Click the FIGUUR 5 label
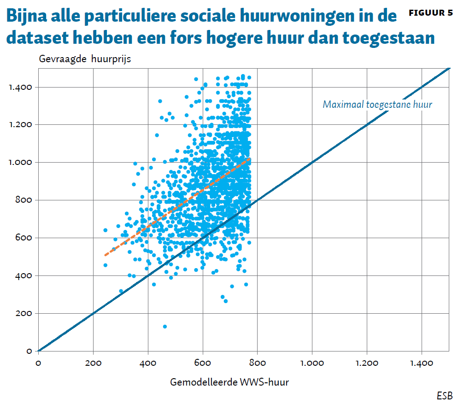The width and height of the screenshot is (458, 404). pyautogui.click(x=431, y=13)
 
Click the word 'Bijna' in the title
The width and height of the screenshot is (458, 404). pyautogui.click(x=29, y=17)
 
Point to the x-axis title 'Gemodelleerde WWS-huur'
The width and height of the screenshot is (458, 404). pyautogui.click(x=229, y=381)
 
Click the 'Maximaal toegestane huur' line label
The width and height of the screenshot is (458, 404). pyautogui.click(x=377, y=105)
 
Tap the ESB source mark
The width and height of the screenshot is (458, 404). pyautogui.click(x=444, y=395)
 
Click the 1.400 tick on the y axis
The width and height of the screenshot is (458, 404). pyautogui.click(x=20, y=87)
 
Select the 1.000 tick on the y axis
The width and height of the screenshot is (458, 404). pyautogui.click(x=20, y=163)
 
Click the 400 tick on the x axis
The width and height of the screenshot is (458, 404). pyautogui.click(x=148, y=363)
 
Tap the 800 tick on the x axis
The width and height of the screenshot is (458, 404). pyautogui.click(x=257, y=363)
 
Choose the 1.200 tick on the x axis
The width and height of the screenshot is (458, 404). pyautogui.click(x=367, y=363)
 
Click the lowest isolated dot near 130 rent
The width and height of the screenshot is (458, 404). pyautogui.click(x=165, y=327)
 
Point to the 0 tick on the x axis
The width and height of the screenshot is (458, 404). pyautogui.click(x=38, y=363)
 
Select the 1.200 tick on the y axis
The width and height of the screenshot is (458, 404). pyautogui.click(x=20, y=125)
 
